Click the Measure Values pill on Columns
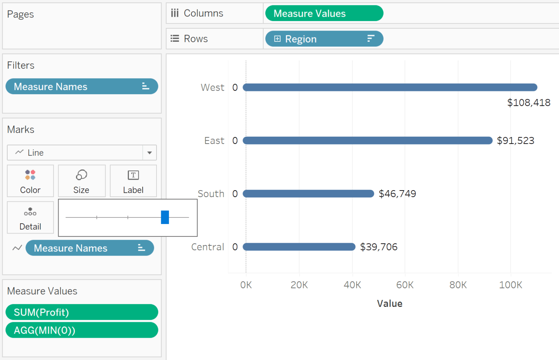(324, 13)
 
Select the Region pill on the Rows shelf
(324, 39)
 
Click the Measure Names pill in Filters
(82, 87)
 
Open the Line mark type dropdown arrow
(150, 153)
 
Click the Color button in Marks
(30, 181)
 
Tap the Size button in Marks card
(82, 181)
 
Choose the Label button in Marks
(133, 181)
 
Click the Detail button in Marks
(30, 217)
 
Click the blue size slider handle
(165, 217)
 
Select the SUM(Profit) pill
(82, 312)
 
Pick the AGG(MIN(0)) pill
(82, 330)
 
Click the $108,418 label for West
(528, 103)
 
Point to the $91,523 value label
(515, 141)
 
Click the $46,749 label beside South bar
(397, 194)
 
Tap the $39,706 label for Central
(378, 247)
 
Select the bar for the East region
(368, 141)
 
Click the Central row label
(207, 247)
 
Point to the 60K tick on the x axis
(405, 285)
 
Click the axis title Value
(389, 304)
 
